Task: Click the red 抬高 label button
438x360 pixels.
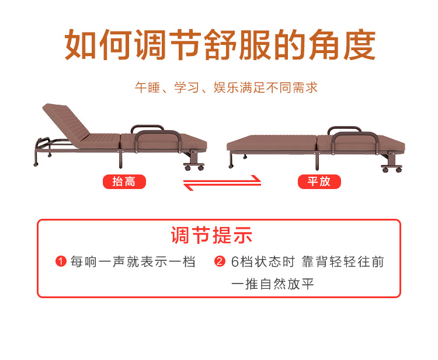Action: pyautogui.click(x=124, y=181)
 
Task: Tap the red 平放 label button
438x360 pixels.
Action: pyautogui.click(x=319, y=181)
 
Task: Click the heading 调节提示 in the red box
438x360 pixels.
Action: pyautogui.click(x=211, y=236)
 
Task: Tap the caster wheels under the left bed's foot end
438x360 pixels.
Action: pyautogui.click(x=194, y=167)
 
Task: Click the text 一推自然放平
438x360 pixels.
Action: pyautogui.click(x=272, y=285)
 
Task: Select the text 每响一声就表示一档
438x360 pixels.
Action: pyautogui.click(x=133, y=262)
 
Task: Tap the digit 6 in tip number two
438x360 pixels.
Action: pyautogui.click(x=235, y=262)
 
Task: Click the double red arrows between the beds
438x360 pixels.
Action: pyautogui.click(x=222, y=183)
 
